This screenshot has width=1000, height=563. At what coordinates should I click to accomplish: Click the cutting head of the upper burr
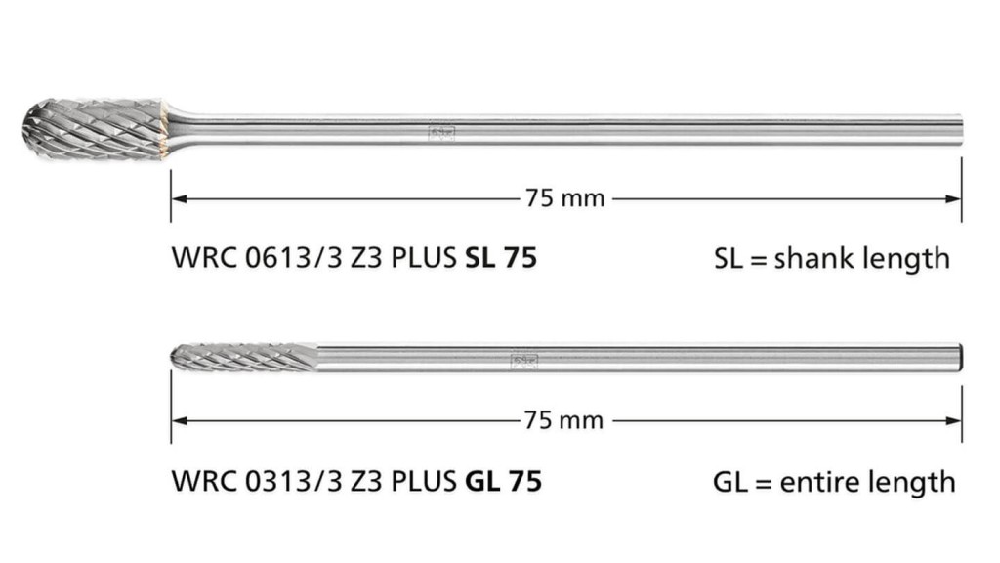[x=96, y=130]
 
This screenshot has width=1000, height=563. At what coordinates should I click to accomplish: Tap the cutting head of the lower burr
[x=245, y=358]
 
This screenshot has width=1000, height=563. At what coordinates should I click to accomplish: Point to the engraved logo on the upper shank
[x=441, y=133]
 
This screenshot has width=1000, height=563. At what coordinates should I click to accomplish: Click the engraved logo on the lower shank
[x=524, y=362]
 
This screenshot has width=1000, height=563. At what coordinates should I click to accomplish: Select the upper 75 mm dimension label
[x=565, y=198]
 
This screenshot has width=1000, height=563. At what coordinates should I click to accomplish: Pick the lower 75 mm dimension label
[x=563, y=420]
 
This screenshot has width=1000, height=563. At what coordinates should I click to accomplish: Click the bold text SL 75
[x=501, y=258]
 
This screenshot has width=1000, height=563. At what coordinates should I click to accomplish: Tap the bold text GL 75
[x=504, y=481]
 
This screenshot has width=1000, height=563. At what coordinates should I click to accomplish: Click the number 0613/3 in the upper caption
[x=294, y=258]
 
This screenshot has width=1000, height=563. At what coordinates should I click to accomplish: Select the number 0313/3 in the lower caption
[x=294, y=481]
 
